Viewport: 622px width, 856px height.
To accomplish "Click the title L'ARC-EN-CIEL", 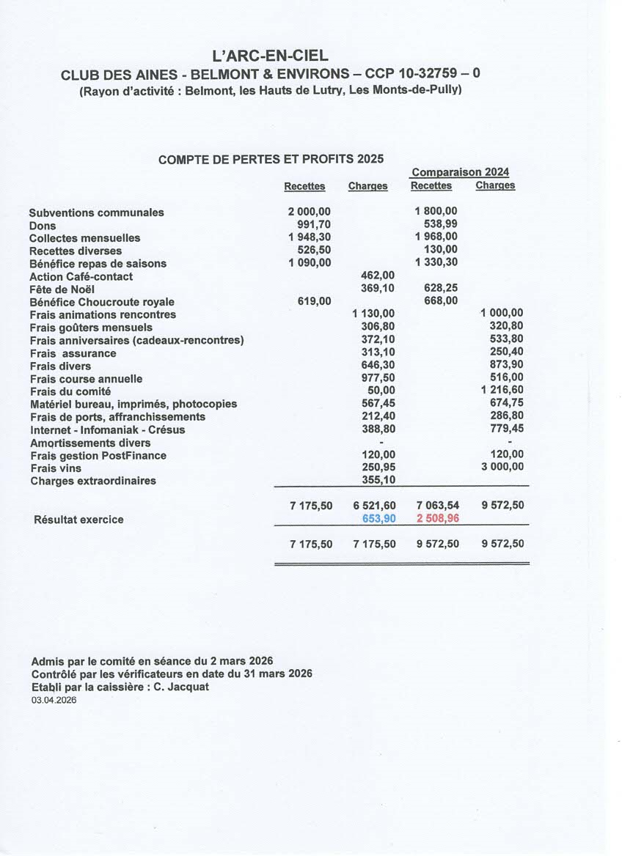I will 269,56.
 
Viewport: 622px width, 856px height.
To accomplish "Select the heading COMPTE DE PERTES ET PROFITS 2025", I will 271,159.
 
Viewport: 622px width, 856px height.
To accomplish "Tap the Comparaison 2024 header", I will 460,172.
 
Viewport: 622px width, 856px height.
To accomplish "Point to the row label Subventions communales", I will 96,213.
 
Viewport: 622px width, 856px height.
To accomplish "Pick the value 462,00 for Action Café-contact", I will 378,276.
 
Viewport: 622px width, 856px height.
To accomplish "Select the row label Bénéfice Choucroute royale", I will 102,302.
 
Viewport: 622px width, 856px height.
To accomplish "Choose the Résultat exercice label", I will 78,520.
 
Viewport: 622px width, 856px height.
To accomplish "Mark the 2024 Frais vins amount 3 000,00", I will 502,467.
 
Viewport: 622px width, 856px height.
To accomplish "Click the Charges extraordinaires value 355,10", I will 378,480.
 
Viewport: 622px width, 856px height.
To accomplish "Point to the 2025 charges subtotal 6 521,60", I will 374,505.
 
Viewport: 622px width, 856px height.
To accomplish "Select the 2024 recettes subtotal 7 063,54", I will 438,505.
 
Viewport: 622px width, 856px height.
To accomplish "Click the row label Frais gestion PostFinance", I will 98,456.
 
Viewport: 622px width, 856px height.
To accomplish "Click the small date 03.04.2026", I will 54,700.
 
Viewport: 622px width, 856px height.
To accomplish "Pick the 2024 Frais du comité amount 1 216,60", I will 502,391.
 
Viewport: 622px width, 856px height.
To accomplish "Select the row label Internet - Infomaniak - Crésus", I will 107,429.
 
